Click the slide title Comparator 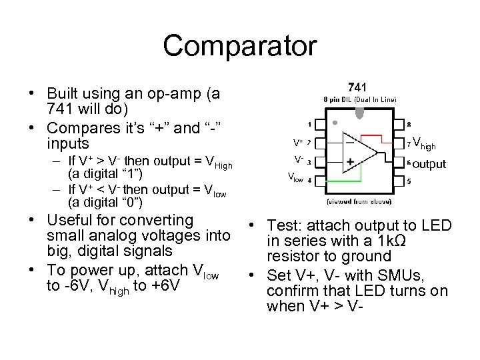pyautogui.click(x=239, y=46)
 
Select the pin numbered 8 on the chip pyautogui.click(x=399, y=124)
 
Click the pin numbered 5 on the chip pyautogui.click(x=399, y=179)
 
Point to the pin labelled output pyautogui.click(x=399, y=161)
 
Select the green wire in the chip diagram pyautogui.click(x=340, y=175)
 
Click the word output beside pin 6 pyautogui.click(x=429, y=164)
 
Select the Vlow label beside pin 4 pyautogui.click(x=295, y=177)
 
